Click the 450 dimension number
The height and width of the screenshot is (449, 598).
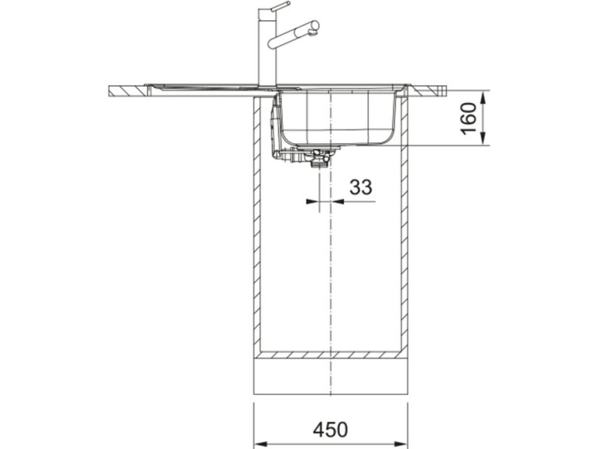(x=330, y=429)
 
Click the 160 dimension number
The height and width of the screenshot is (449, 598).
(x=469, y=118)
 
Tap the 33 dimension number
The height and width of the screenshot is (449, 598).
(x=361, y=187)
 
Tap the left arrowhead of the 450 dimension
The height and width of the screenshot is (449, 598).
(x=260, y=444)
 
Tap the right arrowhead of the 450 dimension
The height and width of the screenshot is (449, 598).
(x=402, y=444)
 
